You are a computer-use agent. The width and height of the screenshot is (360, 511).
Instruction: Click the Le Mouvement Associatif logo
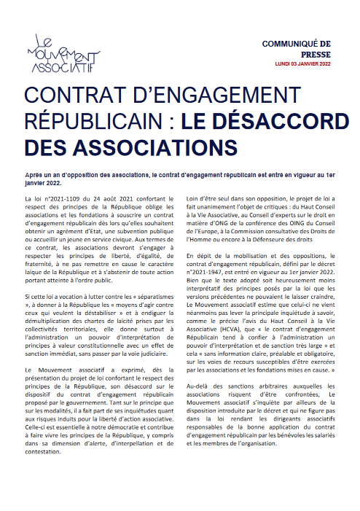(x=63, y=56)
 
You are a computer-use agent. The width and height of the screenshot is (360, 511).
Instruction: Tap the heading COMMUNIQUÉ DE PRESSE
(x=306, y=50)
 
